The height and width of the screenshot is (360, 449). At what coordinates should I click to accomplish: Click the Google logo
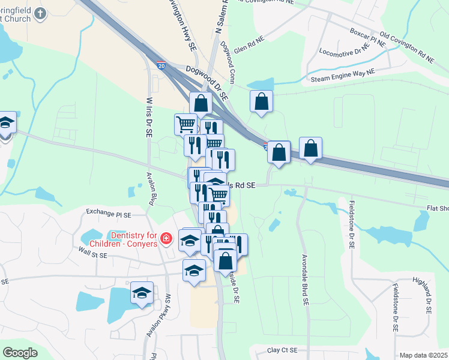click(20, 353)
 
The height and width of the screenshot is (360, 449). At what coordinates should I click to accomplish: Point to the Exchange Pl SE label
click(108, 212)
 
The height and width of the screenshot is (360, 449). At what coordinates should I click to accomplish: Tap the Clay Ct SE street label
click(283, 349)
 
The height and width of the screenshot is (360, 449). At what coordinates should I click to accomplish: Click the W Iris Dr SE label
click(148, 118)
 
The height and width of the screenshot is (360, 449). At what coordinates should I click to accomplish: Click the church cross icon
click(40, 14)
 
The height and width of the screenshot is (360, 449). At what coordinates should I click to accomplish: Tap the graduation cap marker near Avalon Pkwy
click(142, 293)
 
